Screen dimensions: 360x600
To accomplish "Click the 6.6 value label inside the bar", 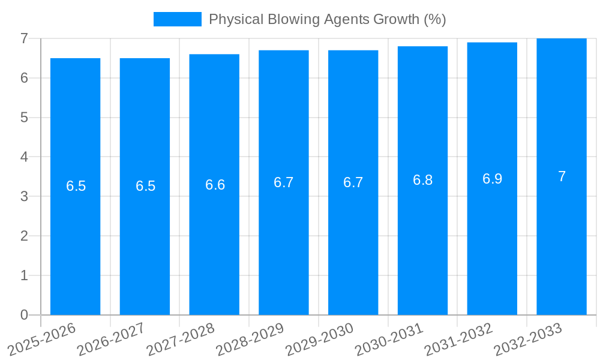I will point(215,185).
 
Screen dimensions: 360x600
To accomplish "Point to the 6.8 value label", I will point(422,180).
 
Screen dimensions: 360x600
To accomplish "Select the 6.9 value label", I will point(492,179).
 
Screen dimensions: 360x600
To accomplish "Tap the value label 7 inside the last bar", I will point(562,176).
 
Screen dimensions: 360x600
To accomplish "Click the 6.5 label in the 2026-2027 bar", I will point(145,186).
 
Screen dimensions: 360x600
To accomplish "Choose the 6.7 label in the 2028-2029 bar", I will point(284,182).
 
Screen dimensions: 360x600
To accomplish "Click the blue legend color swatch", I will point(177,19).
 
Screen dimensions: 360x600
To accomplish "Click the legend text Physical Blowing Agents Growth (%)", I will point(327,19).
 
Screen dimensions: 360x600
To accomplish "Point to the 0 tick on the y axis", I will point(24,315).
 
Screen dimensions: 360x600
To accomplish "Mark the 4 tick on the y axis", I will point(24,157).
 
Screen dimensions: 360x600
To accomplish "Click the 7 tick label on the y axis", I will point(24,39).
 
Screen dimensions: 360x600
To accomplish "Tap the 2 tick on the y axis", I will point(24,236).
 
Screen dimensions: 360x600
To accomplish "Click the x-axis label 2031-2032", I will point(459,339).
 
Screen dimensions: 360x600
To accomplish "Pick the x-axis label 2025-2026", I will point(43,339).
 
